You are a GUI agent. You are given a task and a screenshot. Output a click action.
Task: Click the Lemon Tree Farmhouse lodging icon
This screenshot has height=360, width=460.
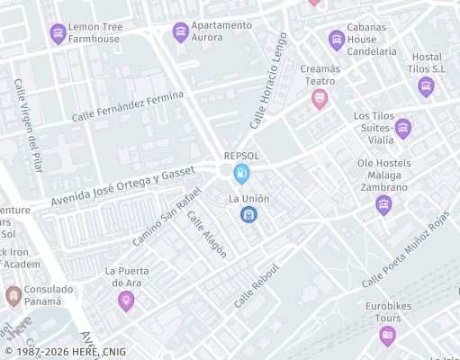59,34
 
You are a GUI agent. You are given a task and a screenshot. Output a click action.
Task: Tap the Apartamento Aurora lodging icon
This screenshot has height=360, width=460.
180,31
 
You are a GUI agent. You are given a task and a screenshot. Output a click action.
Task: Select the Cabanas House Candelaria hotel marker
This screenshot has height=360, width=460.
336,40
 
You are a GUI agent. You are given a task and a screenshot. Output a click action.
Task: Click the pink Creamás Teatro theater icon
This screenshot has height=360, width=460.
319,99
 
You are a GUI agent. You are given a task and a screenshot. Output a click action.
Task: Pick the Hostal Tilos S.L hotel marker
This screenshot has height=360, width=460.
426,86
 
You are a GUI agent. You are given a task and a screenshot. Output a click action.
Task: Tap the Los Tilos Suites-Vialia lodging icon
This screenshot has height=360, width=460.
402,128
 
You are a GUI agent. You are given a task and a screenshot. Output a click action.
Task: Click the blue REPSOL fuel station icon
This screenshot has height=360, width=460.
241,173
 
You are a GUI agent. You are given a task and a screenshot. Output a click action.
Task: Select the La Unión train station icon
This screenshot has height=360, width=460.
248,214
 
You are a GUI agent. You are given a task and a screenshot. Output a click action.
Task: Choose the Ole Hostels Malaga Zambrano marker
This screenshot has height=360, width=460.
383,205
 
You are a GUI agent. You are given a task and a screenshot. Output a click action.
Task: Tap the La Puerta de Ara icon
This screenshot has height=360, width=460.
126,301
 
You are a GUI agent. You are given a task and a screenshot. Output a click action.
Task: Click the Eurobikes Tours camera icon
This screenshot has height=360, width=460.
387,336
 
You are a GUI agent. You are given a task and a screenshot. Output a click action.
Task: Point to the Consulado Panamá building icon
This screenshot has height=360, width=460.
14,295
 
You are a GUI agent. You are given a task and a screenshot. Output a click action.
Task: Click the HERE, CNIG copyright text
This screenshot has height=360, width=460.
65,352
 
